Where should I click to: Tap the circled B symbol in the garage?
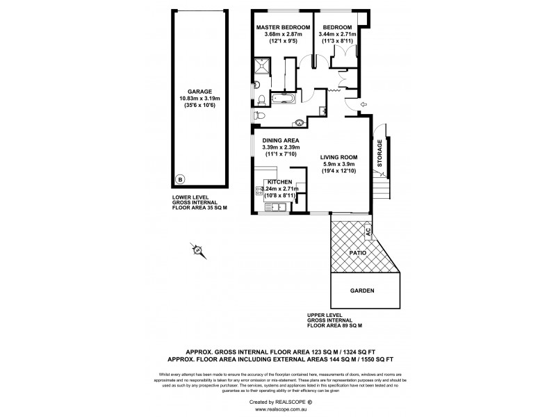point(181,179)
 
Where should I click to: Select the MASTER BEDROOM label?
point(282,26)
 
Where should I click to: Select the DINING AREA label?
point(281,140)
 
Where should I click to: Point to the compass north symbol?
point(197,250)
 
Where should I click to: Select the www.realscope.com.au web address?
point(278,410)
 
